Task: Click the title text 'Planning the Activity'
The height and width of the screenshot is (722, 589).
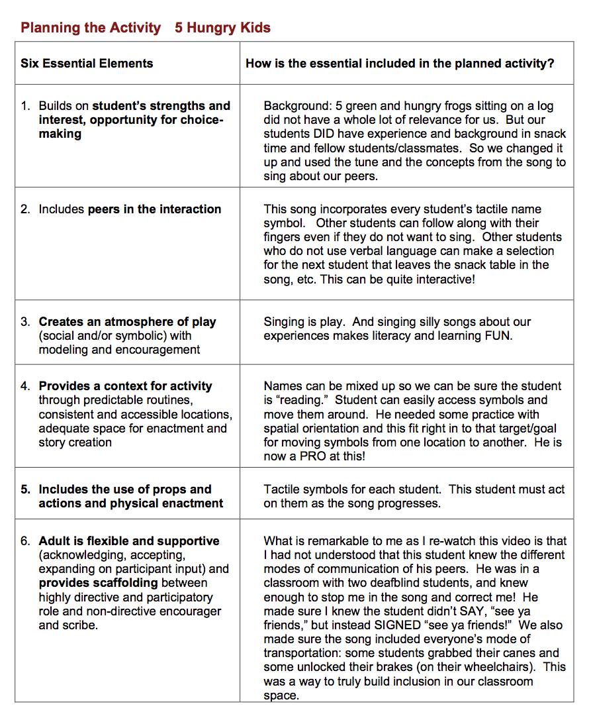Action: (x=91, y=28)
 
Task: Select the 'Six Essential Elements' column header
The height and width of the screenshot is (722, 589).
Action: (x=87, y=64)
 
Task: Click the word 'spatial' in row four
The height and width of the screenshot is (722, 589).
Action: (x=282, y=428)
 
